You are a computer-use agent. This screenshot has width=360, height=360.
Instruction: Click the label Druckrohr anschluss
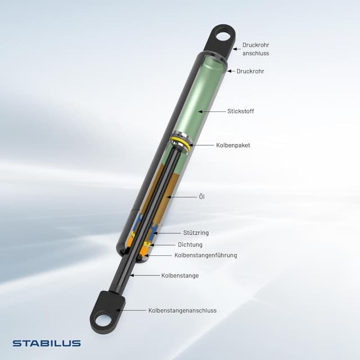256,49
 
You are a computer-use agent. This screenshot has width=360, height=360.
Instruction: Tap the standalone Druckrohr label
250,71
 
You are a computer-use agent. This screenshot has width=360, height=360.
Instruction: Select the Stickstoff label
241,111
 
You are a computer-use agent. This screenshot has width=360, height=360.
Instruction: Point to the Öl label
202,197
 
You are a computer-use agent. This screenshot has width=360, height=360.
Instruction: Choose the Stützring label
196,232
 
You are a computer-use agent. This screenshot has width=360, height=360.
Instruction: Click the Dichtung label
190,245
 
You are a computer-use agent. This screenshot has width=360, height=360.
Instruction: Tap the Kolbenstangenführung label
205,255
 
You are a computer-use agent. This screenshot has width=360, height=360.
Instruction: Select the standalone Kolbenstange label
180,276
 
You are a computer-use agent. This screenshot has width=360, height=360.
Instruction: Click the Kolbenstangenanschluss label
182,310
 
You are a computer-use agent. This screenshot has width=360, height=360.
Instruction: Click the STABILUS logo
47,343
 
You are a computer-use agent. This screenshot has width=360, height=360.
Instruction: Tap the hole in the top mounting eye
223,37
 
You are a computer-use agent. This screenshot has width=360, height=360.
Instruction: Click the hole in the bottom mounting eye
103,322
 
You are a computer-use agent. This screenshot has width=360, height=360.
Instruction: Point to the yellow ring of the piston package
181,139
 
